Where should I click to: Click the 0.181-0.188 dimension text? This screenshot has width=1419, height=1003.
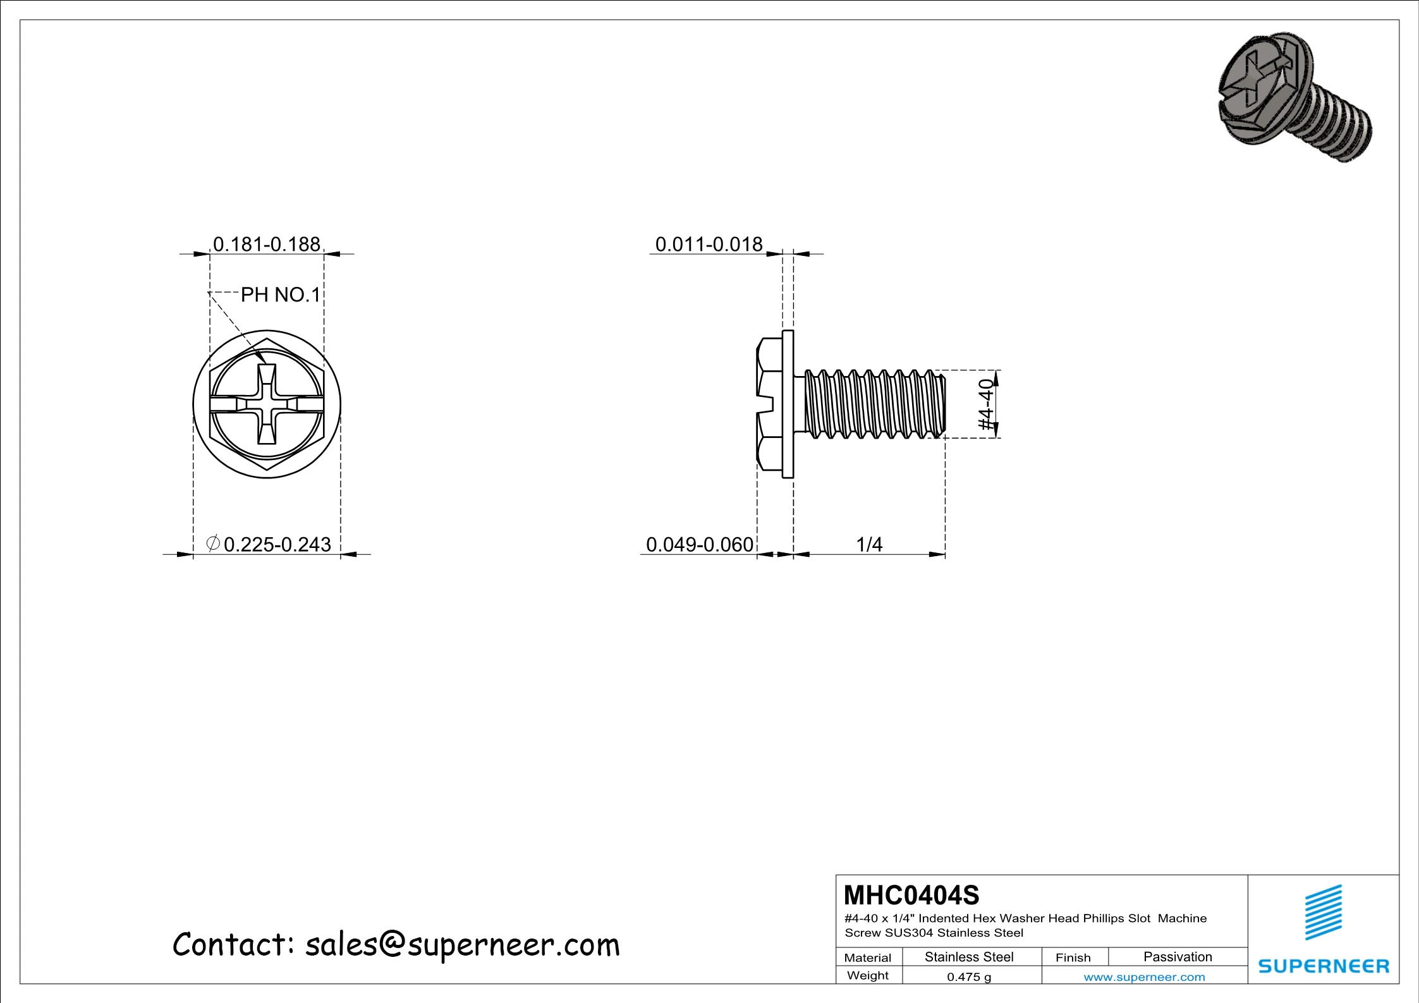[266, 245]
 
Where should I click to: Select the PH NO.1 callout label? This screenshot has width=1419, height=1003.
[281, 295]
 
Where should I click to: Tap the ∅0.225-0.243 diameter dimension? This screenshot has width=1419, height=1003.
[269, 544]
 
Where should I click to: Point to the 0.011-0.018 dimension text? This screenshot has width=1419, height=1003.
[709, 245]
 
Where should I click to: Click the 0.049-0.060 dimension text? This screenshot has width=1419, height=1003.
[699, 544]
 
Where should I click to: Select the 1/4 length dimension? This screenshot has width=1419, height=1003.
[868, 544]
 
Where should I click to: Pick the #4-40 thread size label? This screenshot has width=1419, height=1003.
[987, 404]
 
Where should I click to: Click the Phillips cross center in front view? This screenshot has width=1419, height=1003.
[267, 404]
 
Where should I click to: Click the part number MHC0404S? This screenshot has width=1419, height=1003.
[911, 896]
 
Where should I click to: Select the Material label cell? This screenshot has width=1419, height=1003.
[868, 957]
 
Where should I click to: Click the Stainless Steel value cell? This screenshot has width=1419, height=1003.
[969, 957]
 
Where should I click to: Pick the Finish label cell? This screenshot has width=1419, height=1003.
[1073, 957]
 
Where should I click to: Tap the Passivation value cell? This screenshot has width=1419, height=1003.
[1178, 957]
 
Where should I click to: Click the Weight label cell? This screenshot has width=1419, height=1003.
[868, 975]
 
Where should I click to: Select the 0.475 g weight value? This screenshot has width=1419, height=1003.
[969, 977]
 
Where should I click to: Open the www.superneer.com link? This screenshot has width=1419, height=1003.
[1144, 977]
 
